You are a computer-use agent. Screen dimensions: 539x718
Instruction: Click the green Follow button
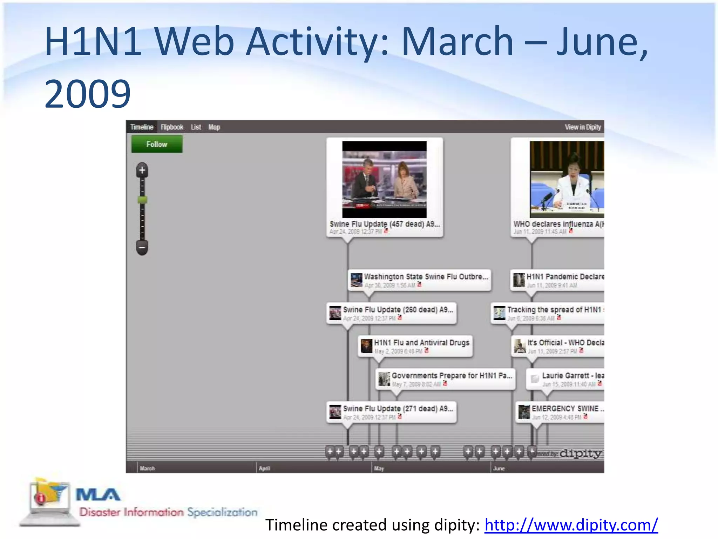click(157, 144)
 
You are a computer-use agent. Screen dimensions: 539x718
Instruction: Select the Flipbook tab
click(172, 127)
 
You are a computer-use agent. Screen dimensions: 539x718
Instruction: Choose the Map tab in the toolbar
click(214, 127)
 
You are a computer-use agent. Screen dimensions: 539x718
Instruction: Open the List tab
click(196, 127)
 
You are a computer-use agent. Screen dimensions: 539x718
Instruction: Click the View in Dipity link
click(583, 127)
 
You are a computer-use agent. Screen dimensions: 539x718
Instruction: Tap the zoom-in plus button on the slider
click(142, 171)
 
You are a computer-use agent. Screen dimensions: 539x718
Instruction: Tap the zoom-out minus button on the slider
click(142, 247)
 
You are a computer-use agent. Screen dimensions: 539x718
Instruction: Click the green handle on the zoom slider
click(142, 200)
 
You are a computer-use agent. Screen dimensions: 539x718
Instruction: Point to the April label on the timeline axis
click(264, 468)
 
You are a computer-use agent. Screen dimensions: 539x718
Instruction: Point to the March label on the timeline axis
click(147, 468)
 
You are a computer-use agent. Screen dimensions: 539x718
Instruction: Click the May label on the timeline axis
click(379, 468)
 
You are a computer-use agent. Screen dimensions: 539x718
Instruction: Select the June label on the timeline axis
click(499, 468)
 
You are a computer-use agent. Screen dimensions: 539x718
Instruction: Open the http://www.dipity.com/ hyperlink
click(571, 525)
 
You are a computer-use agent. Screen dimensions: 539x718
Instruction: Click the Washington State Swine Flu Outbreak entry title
click(426, 277)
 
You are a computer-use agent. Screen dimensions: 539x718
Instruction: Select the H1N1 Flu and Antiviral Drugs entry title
click(421, 342)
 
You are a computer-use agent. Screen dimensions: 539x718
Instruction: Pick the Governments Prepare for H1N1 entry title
click(452, 375)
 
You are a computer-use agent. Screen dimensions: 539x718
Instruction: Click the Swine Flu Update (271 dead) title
click(398, 408)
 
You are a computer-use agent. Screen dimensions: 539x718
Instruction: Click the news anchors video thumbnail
click(384, 179)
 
